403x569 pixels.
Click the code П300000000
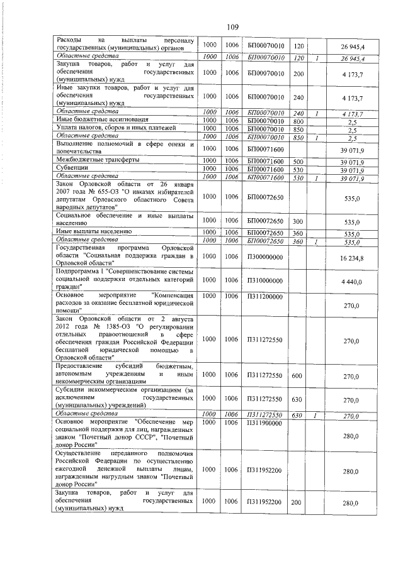click(265, 257)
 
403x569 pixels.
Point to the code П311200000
click(265, 296)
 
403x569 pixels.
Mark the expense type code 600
click(298, 375)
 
